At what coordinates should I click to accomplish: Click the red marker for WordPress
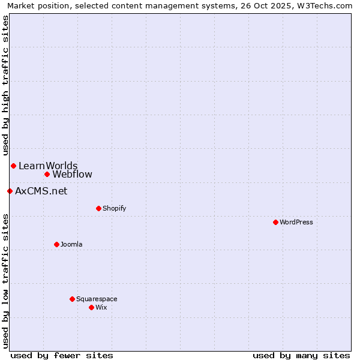(275, 222)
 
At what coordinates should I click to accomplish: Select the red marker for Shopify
(98, 208)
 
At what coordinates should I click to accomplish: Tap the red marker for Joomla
(56, 244)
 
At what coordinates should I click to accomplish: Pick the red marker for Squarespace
(72, 299)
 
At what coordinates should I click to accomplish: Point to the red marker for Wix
(91, 307)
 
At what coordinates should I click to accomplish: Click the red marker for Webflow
(47, 174)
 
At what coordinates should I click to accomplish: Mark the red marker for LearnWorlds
(13, 166)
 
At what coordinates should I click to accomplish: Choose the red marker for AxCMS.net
(10, 191)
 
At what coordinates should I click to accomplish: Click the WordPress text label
(296, 222)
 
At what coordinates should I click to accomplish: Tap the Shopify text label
(114, 208)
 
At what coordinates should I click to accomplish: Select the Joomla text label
(71, 244)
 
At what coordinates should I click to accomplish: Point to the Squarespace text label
(97, 299)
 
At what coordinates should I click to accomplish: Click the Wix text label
(101, 307)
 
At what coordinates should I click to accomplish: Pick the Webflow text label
(72, 175)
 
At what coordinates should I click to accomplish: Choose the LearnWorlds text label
(48, 166)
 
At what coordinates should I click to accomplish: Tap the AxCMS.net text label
(41, 191)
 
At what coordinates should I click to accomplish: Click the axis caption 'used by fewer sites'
(62, 355)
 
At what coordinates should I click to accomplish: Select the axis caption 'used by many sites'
(301, 355)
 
